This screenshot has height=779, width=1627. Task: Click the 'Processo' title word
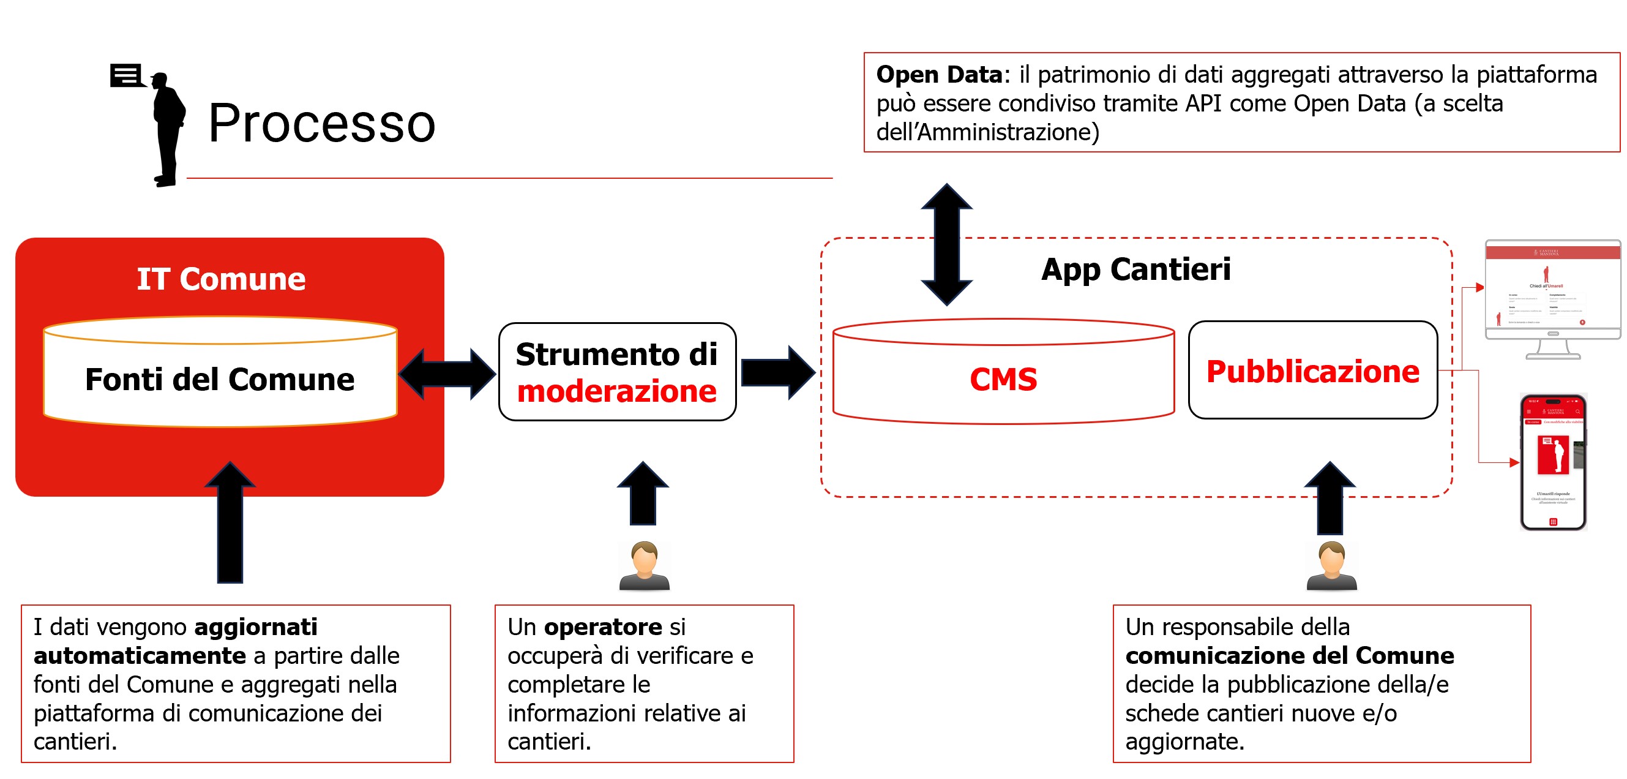point(321,124)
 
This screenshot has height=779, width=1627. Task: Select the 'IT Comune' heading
point(221,279)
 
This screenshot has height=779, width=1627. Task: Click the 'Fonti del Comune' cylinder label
point(220,380)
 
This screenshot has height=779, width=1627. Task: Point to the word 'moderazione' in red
point(616,391)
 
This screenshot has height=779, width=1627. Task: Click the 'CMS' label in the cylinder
point(1003,380)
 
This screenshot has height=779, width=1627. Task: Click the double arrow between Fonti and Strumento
point(447,374)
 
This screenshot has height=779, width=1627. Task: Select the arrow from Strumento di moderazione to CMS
point(777,373)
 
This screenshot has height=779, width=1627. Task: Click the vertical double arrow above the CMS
point(946,244)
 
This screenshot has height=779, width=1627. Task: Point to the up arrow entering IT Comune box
point(230,521)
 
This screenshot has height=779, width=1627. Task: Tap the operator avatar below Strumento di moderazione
point(644,565)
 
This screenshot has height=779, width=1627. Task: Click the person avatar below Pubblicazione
point(1331,565)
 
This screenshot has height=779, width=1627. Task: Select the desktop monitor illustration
point(1552,297)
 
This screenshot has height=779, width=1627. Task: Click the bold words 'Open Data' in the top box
point(938,75)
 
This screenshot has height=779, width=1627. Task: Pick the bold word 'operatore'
point(602,627)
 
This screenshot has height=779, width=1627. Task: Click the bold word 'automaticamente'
point(140,656)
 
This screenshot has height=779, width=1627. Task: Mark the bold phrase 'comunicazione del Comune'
point(1289,656)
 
